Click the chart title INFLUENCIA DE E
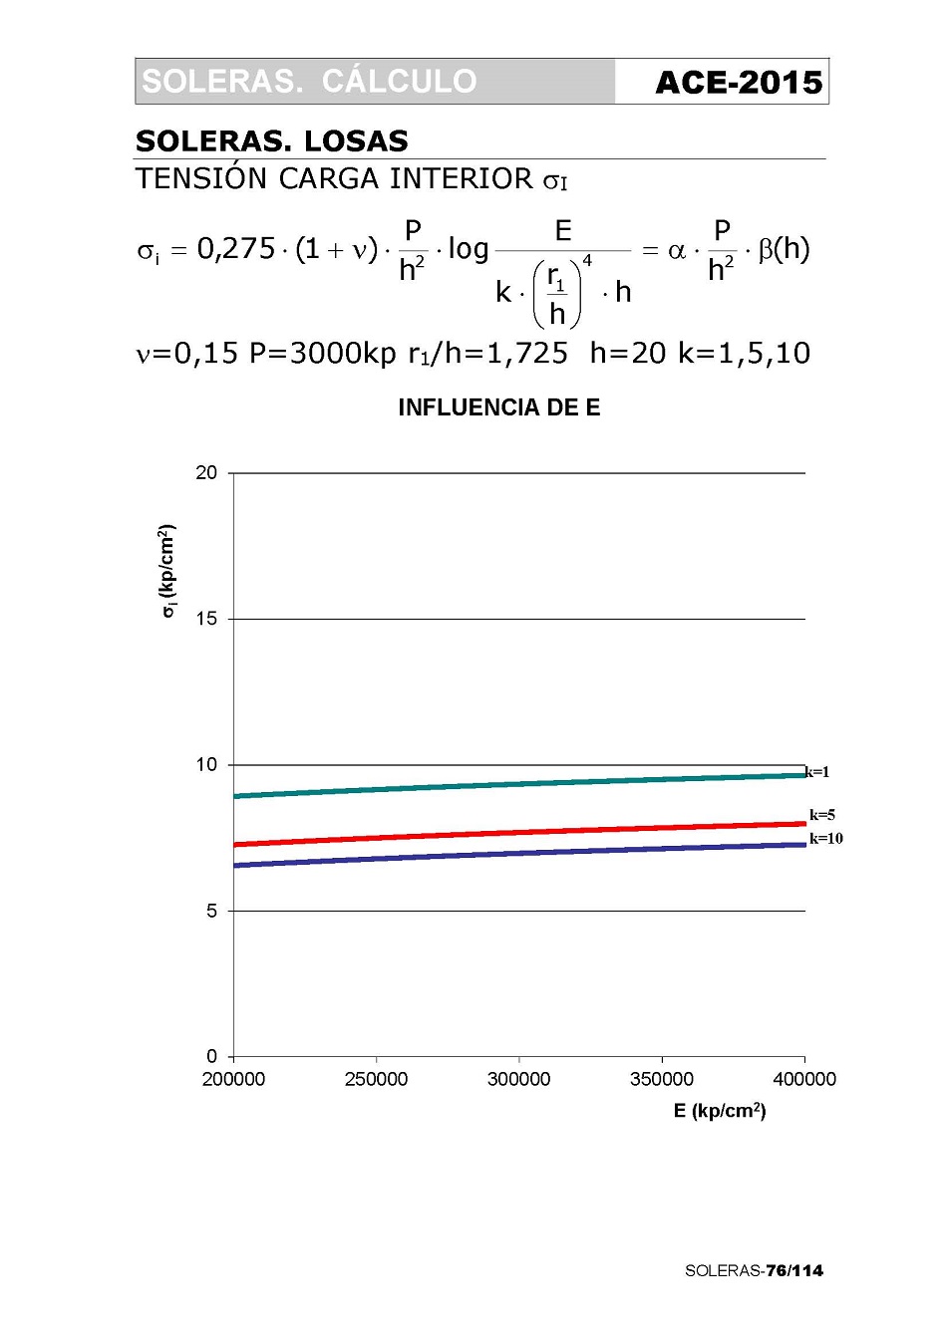click(498, 407)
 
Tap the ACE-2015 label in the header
click(739, 83)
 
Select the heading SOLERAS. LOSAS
click(272, 140)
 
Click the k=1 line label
click(818, 772)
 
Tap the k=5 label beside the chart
click(822, 815)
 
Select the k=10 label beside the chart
click(826, 839)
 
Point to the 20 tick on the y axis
click(206, 473)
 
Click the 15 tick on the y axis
click(206, 619)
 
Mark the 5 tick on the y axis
click(211, 911)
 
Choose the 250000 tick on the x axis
click(376, 1079)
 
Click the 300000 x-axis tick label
click(518, 1079)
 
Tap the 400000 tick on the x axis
click(804, 1079)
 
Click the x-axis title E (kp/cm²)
click(719, 1111)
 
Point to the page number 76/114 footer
click(794, 1270)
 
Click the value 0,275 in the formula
click(236, 249)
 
